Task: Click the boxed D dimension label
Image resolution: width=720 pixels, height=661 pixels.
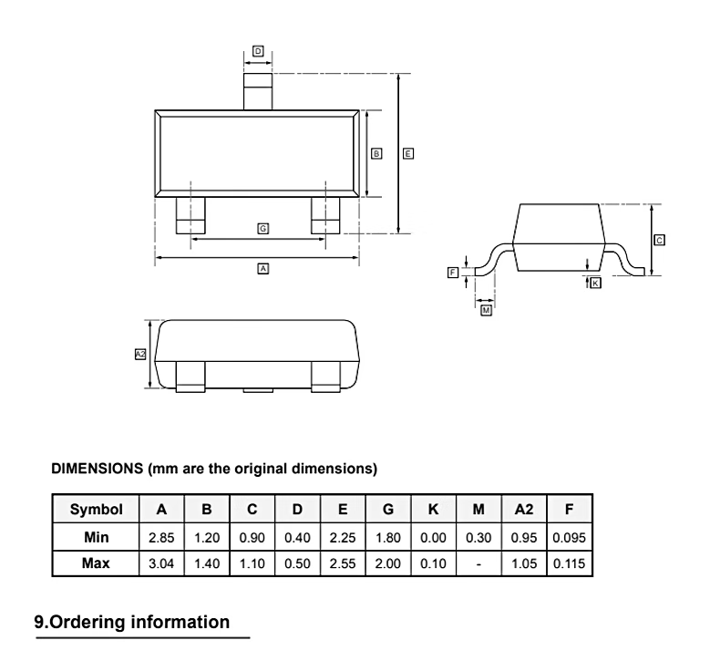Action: pyautogui.click(x=258, y=52)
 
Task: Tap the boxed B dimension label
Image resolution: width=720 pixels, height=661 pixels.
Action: pyautogui.click(x=377, y=154)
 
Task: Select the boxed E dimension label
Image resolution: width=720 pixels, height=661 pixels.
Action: pyautogui.click(x=408, y=154)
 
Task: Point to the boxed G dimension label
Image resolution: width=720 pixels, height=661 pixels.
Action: pyautogui.click(x=262, y=228)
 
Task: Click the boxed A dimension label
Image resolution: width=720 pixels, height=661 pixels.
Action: pyautogui.click(x=262, y=269)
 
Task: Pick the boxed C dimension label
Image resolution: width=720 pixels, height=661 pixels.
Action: pyautogui.click(x=660, y=240)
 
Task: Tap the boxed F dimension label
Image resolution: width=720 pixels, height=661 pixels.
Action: pyautogui.click(x=453, y=272)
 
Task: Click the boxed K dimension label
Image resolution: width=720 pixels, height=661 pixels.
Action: pyautogui.click(x=596, y=284)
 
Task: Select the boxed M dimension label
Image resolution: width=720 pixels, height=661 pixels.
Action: pyautogui.click(x=486, y=311)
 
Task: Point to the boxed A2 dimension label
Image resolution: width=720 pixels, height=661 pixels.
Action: pyautogui.click(x=140, y=354)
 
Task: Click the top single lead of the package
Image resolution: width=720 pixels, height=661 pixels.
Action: pyautogui.click(x=258, y=93)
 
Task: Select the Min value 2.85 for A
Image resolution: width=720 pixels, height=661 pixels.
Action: pyautogui.click(x=161, y=538)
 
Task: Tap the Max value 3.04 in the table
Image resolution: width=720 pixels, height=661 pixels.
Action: pyautogui.click(x=161, y=564)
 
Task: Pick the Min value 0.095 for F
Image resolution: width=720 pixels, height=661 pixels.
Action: pyautogui.click(x=569, y=538)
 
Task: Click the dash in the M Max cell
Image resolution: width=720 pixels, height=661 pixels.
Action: pyautogui.click(x=478, y=564)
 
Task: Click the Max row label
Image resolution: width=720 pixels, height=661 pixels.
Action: pyautogui.click(x=95, y=564)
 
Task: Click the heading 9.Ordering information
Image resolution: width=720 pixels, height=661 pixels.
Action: pyautogui.click(x=132, y=623)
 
